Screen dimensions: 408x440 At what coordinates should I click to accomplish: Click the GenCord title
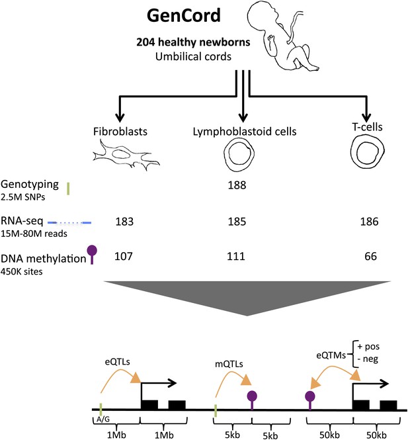[184, 15]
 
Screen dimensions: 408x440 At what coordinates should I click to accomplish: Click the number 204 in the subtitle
[145, 42]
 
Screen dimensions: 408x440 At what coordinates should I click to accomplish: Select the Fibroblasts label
[120, 132]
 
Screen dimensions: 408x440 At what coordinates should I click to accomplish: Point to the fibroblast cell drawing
[126, 155]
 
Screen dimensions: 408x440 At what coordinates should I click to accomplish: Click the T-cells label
[368, 127]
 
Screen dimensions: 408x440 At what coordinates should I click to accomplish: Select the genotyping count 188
[237, 185]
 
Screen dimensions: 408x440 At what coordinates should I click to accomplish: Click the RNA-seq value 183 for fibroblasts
[124, 222]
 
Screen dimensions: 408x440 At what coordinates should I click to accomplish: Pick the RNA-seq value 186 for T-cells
[369, 222]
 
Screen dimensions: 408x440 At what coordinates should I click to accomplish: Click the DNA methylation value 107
[124, 256]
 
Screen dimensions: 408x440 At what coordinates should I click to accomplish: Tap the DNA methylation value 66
[370, 256]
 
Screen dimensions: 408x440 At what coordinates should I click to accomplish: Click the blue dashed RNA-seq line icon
[69, 223]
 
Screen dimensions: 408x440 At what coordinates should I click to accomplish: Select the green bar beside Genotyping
[68, 189]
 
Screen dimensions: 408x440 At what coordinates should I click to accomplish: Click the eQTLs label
[118, 362]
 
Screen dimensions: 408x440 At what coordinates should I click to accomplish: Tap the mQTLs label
[229, 364]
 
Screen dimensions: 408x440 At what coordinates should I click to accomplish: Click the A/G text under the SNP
[103, 419]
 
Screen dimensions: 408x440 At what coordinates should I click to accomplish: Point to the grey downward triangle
[247, 298]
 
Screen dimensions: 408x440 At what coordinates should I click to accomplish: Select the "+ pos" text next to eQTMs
[368, 347]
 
